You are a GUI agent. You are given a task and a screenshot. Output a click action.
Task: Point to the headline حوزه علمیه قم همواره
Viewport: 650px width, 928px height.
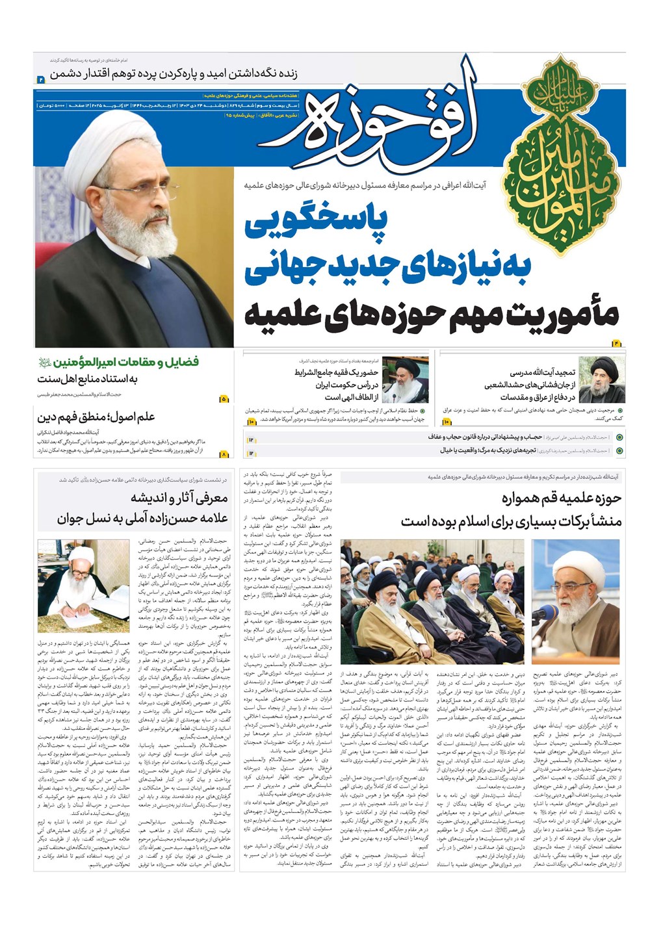(562, 499)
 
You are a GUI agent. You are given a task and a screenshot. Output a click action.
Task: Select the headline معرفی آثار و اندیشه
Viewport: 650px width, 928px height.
(179, 498)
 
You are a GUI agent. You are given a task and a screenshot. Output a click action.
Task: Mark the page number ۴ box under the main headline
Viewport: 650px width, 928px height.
(617, 342)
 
